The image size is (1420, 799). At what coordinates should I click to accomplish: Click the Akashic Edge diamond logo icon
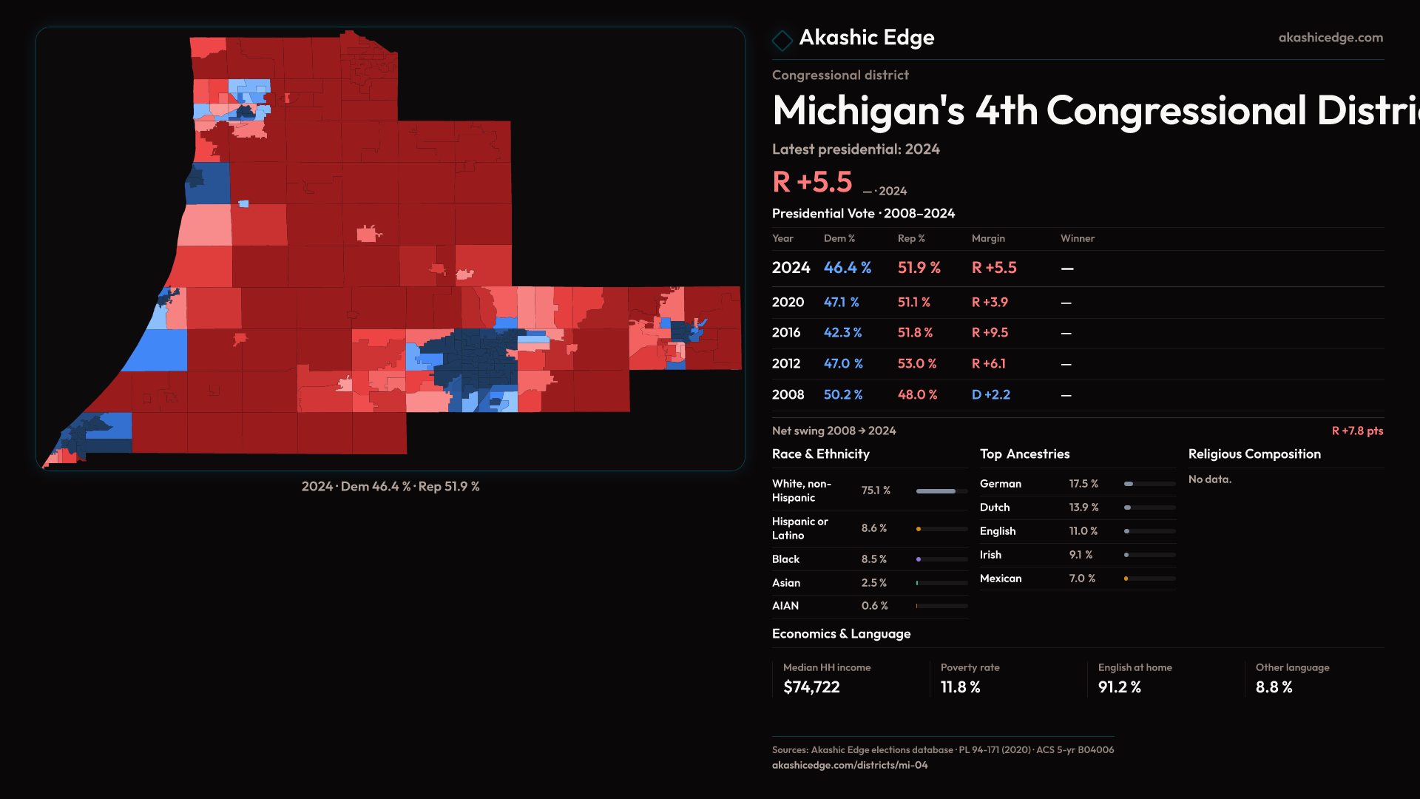point(782,40)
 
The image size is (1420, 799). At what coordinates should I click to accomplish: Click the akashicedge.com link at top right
point(1330,38)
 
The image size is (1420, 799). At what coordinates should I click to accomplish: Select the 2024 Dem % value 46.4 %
point(847,268)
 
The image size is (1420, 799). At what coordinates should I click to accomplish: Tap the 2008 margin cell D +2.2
point(990,395)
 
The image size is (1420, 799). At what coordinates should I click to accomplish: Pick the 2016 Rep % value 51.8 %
point(915,333)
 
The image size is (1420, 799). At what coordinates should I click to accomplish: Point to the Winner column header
point(1077,238)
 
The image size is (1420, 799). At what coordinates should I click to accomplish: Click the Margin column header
point(988,238)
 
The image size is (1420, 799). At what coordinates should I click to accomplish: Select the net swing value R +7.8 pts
point(1356,431)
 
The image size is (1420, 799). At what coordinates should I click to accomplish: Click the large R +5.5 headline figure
point(812,182)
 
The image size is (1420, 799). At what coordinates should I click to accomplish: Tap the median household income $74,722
point(811,687)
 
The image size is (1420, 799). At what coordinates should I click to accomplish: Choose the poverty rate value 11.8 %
point(960,687)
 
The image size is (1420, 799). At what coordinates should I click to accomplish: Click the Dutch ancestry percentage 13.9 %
point(1083,508)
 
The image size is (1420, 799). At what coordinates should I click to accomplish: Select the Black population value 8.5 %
point(873,559)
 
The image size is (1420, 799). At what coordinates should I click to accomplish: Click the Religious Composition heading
point(1254,454)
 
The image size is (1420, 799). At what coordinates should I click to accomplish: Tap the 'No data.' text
point(1209,479)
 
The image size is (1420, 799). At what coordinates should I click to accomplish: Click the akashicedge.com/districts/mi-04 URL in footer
point(849,765)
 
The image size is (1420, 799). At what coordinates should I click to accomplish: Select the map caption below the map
point(390,487)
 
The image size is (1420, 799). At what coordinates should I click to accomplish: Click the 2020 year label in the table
point(788,303)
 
